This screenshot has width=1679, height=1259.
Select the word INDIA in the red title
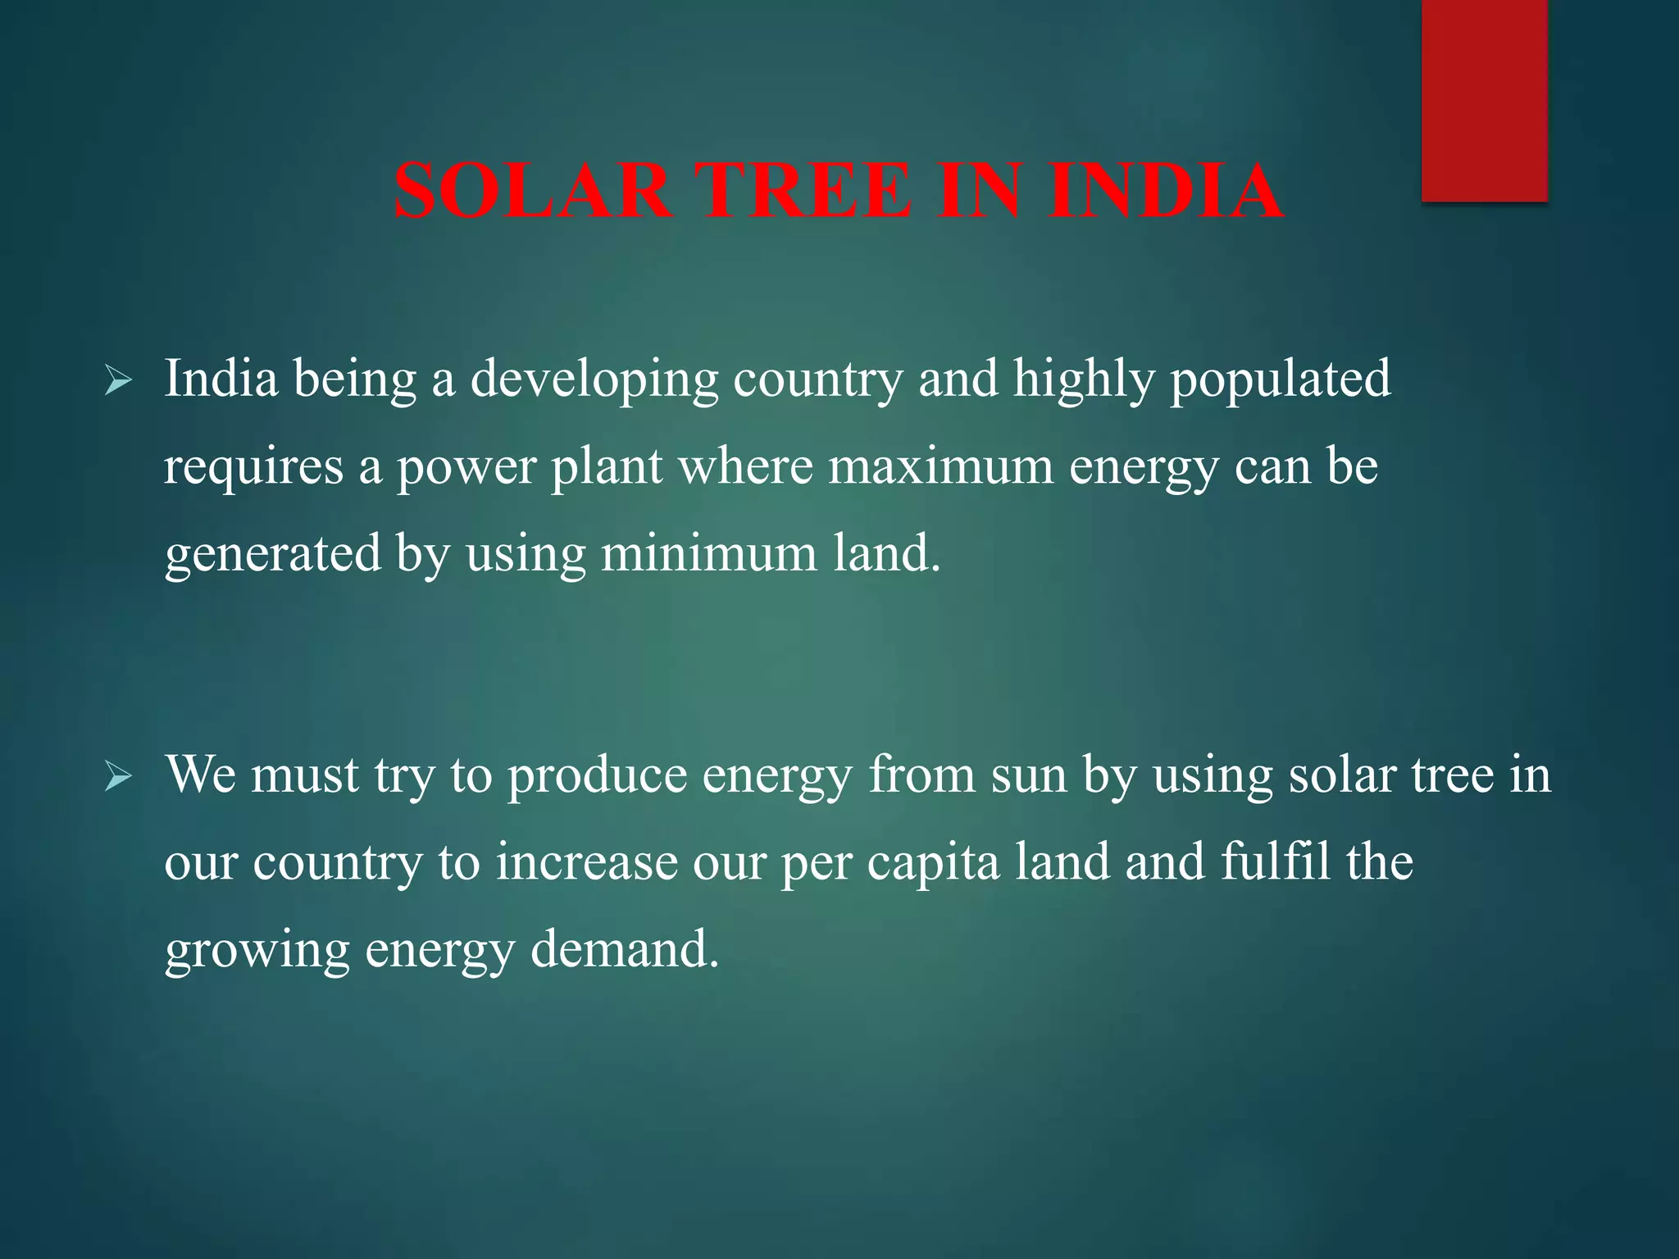pyautogui.click(x=1165, y=191)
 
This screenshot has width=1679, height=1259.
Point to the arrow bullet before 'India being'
pyautogui.click(x=118, y=381)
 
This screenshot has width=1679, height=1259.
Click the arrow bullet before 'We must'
pyautogui.click(x=118, y=777)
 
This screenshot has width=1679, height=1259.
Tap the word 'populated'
pyautogui.click(x=1280, y=379)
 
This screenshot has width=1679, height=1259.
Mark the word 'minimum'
pyautogui.click(x=709, y=553)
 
